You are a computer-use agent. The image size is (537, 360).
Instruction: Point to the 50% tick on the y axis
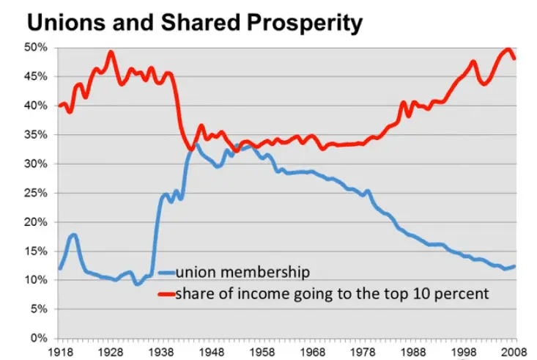click(x=37, y=48)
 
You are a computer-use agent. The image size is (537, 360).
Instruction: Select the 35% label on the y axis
click(x=37, y=135)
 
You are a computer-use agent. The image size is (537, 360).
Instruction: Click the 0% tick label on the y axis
click(x=40, y=339)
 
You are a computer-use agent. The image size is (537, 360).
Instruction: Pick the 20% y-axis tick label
click(x=37, y=222)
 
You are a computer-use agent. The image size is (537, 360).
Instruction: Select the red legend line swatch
click(x=167, y=295)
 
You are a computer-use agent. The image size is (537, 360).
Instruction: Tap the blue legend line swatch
click(x=167, y=272)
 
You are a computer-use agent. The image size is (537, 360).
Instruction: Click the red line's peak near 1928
click(x=110, y=52)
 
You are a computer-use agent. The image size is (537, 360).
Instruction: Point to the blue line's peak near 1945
click(x=196, y=144)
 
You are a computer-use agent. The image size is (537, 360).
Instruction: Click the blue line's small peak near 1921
click(x=74, y=235)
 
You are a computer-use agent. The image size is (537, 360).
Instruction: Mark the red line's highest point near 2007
click(x=508, y=50)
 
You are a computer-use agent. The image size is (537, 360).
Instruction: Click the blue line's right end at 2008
click(x=515, y=266)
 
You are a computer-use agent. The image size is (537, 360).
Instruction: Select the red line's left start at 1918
click(x=59, y=106)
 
